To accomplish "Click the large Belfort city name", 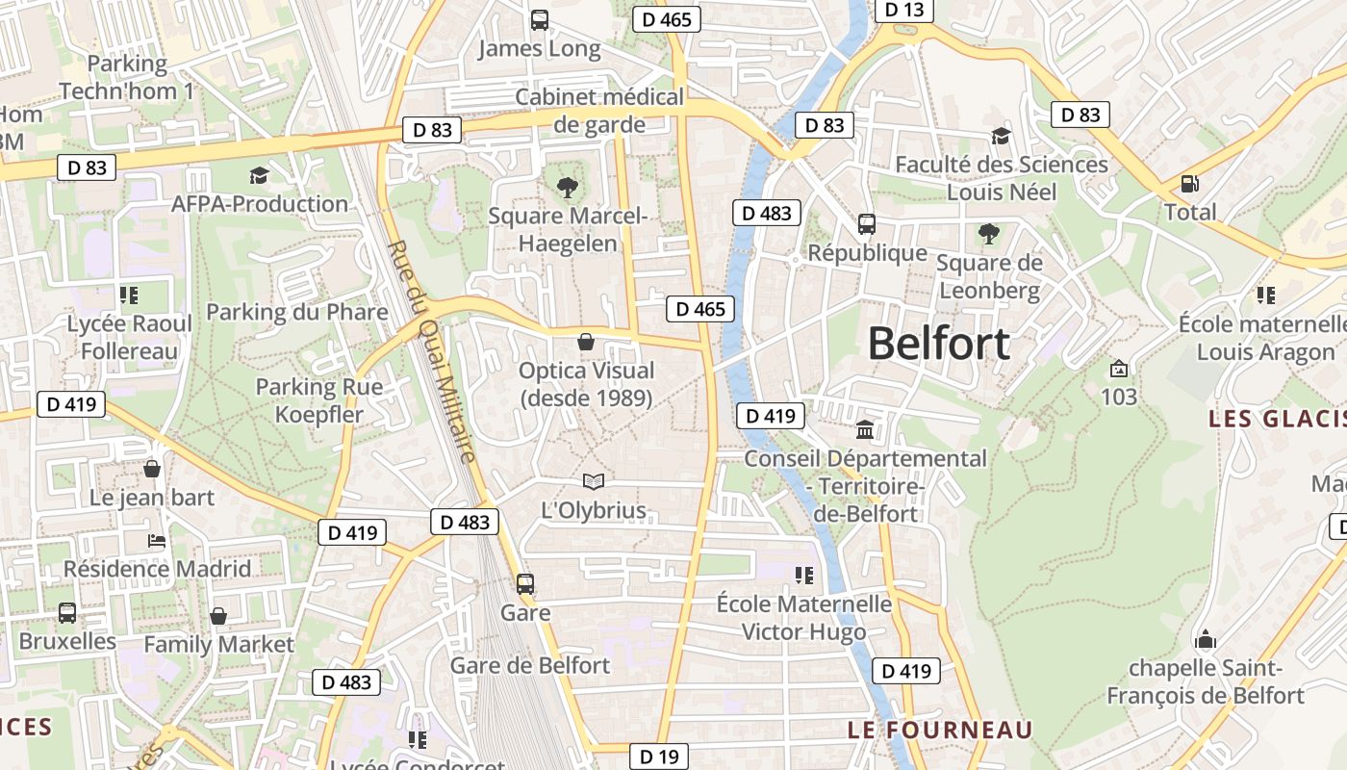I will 939,344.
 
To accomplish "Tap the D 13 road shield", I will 903,10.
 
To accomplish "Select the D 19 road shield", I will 659,757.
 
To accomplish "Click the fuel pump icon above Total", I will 1190,183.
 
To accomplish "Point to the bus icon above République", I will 867,224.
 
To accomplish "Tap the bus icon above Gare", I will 525,583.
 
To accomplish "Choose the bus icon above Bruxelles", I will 67,612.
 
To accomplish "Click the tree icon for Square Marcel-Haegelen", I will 568,188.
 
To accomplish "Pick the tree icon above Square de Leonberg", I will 988,233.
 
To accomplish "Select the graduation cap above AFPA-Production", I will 259,175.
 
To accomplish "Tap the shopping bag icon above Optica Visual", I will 585,342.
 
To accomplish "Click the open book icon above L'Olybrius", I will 594,481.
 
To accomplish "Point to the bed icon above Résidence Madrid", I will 157,540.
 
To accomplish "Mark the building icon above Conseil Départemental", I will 865,429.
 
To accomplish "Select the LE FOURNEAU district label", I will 940,730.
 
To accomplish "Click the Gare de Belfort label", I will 530,665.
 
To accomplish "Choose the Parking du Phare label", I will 297,312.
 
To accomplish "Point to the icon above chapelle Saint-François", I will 1205,639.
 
